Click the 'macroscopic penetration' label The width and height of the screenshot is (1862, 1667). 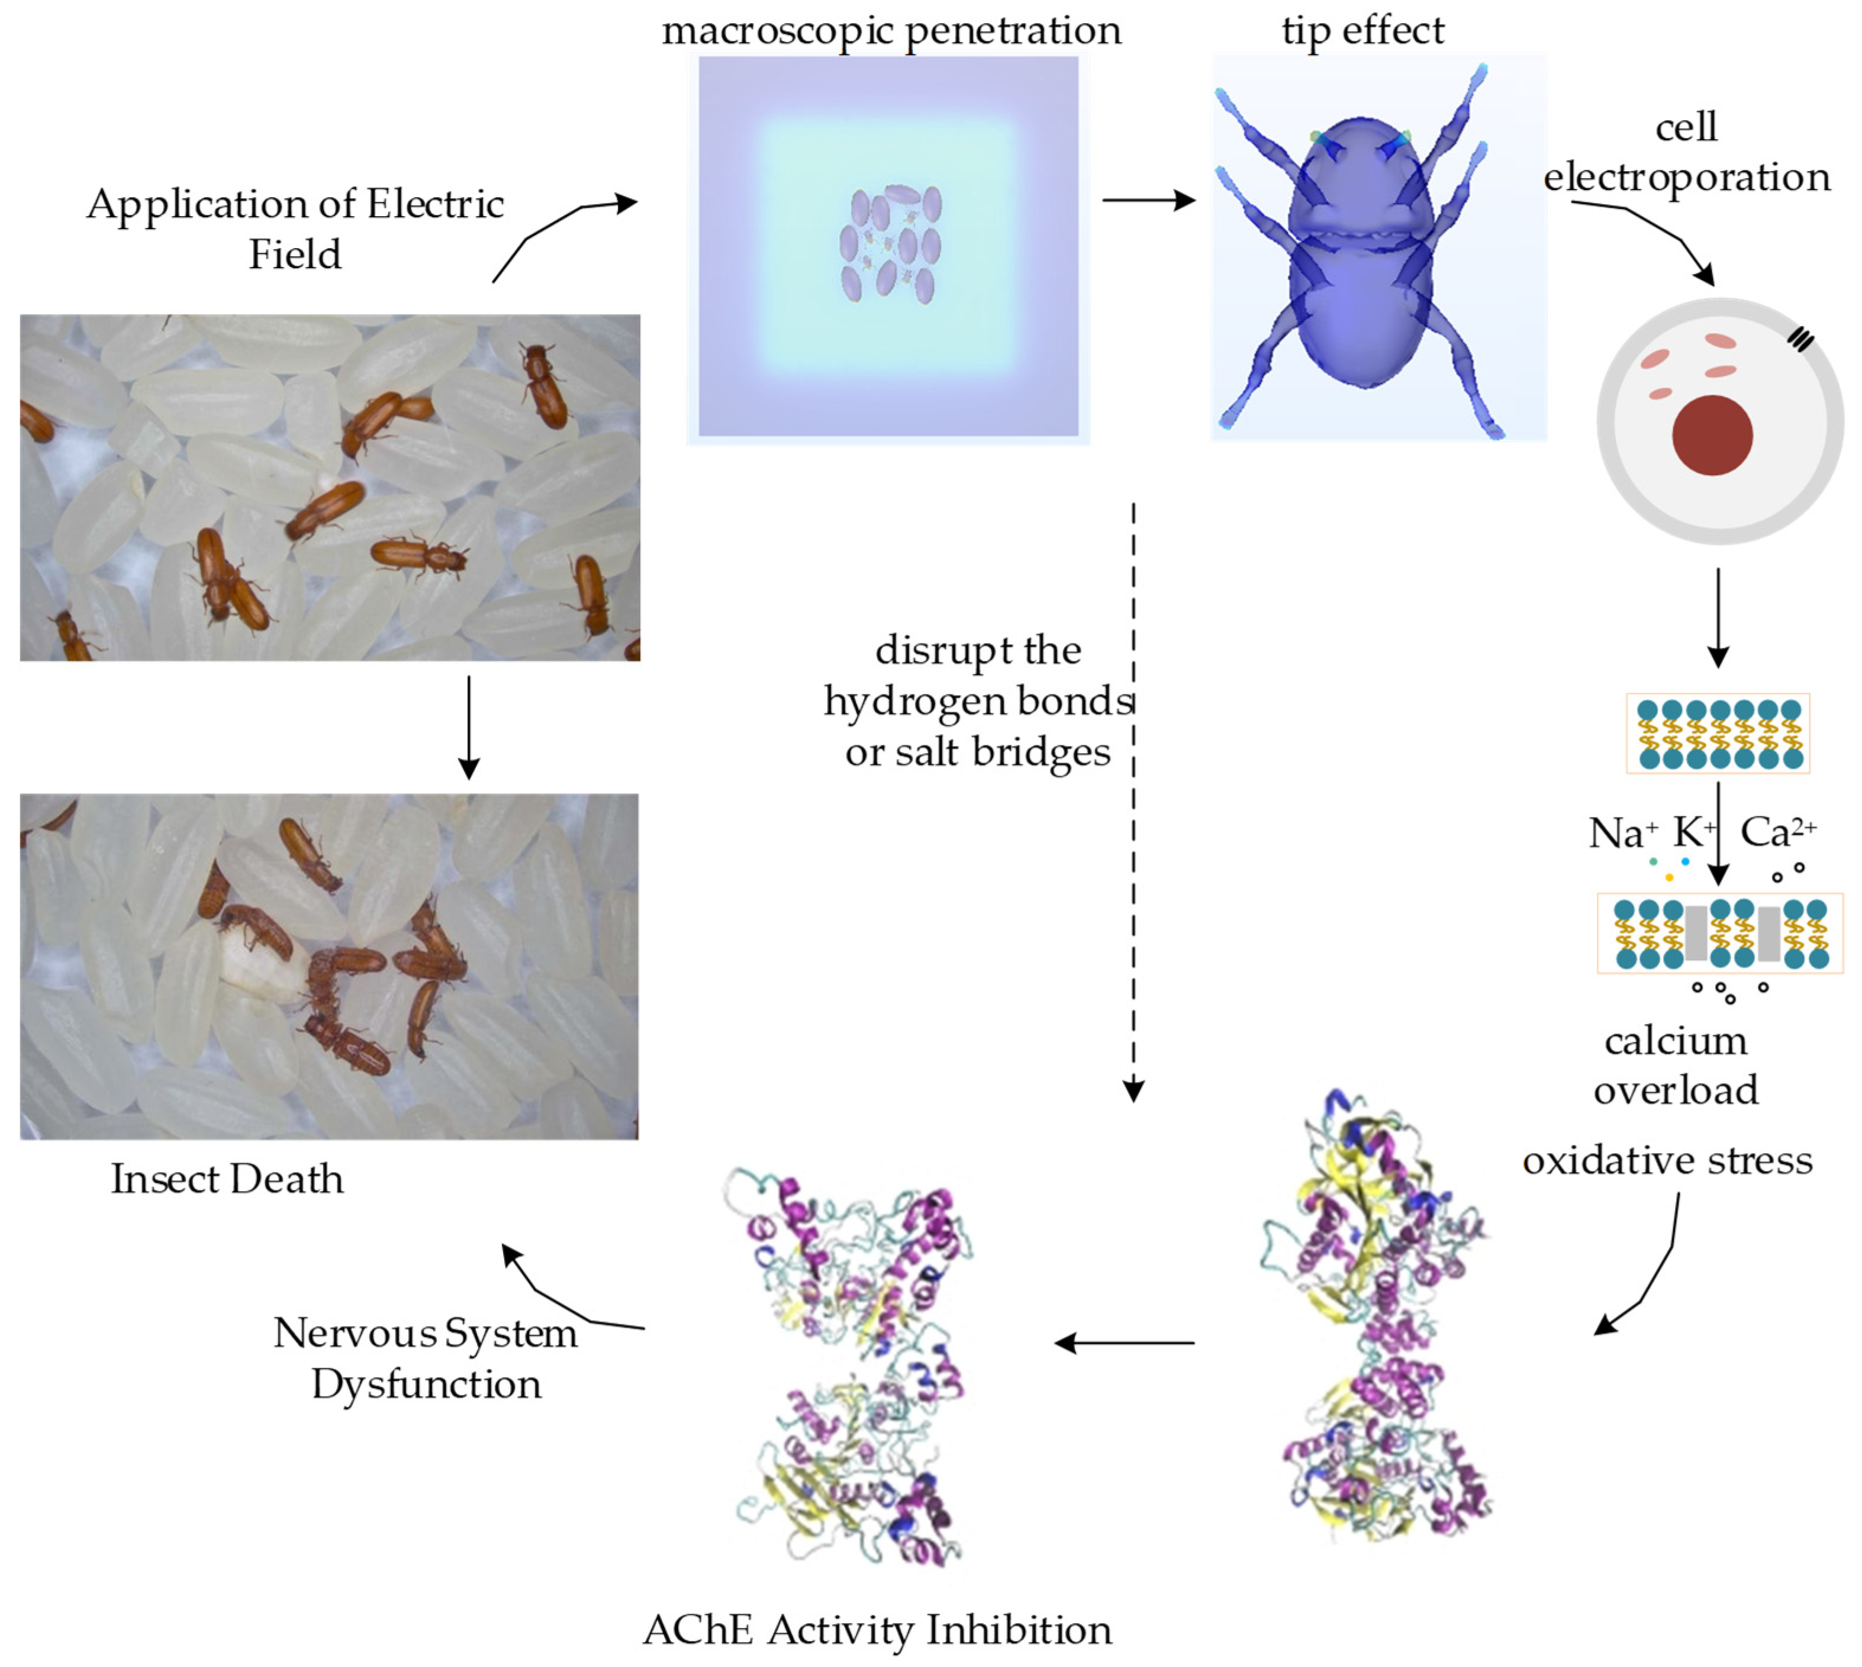point(890,31)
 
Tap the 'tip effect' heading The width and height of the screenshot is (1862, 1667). point(1362,31)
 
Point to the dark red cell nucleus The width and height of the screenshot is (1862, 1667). point(1712,435)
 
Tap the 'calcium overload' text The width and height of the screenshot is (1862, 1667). point(1676,1065)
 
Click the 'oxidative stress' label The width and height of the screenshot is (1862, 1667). point(1667,1160)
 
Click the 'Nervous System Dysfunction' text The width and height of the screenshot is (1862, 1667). point(426,1359)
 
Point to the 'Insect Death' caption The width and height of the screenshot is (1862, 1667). point(227,1179)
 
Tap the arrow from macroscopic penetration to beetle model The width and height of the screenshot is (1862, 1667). point(1149,199)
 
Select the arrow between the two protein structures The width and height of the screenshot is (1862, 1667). point(1125,1343)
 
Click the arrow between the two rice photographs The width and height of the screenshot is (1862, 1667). point(469,728)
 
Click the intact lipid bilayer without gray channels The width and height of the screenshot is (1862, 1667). point(1718,733)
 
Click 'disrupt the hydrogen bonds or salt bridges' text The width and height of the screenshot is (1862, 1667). point(978,701)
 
